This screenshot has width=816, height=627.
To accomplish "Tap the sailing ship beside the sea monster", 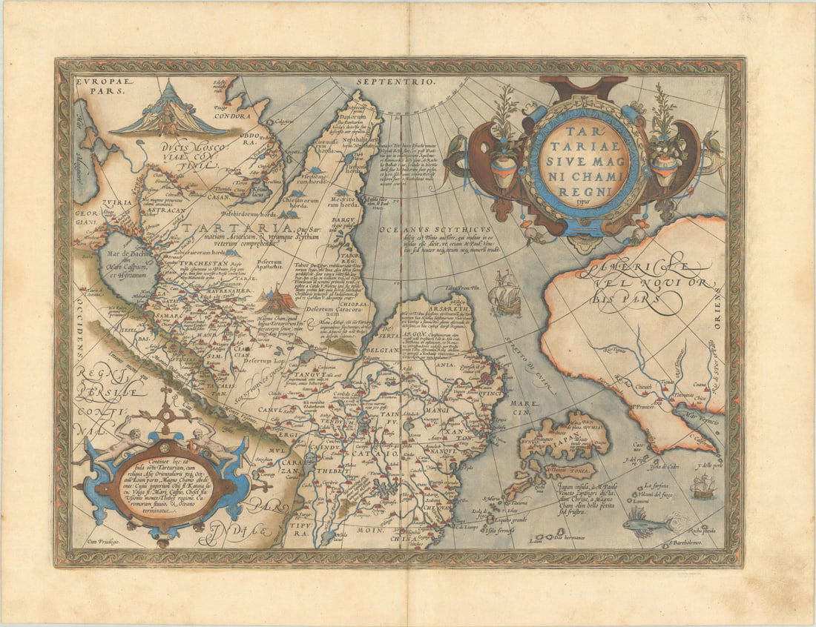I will point(703,486).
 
